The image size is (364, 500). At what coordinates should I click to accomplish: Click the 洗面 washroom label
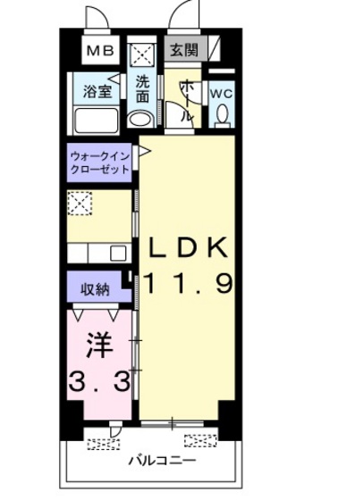tap(143, 90)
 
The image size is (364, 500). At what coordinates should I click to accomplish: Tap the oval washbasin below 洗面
tap(141, 119)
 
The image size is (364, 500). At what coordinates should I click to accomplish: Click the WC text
tap(221, 91)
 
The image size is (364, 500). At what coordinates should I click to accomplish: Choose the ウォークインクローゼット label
tap(100, 162)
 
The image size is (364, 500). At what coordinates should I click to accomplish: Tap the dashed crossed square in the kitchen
tap(80, 204)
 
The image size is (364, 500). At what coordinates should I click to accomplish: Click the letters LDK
tap(188, 247)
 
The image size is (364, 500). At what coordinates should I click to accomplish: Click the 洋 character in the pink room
tap(97, 344)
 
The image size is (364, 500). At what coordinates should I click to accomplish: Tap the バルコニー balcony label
tap(151, 461)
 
